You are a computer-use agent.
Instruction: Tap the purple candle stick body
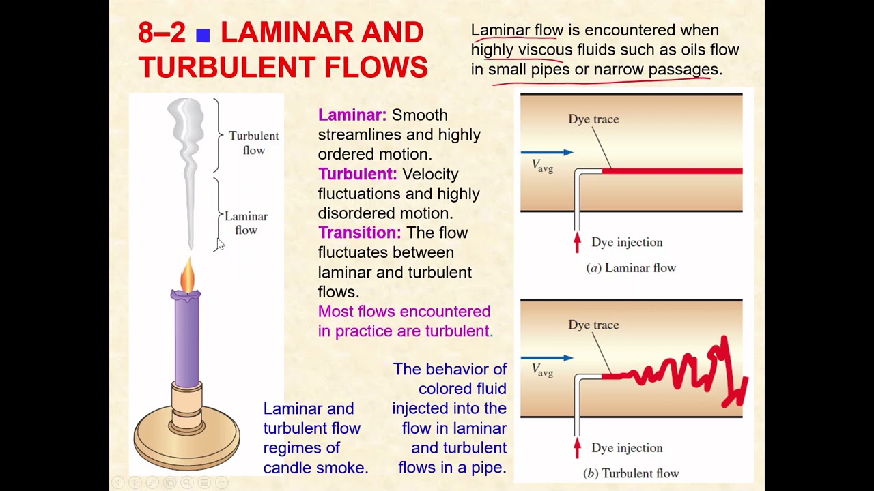click(186, 341)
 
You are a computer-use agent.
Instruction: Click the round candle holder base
click(186, 436)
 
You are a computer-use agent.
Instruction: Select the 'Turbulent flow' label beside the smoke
click(253, 143)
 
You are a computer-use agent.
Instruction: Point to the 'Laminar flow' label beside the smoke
click(246, 223)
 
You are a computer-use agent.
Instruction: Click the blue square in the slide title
click(203, 35)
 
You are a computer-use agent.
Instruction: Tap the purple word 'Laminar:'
click(352, 115)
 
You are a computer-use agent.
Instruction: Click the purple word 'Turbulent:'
click(357, 174)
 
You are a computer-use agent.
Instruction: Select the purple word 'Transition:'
click(359, 233)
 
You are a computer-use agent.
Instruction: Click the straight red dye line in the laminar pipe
click(673, 171)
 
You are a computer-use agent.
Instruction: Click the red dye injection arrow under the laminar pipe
click(577, 242)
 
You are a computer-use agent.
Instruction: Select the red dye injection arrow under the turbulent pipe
click(577, 447)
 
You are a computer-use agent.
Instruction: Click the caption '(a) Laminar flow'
click(631, 268)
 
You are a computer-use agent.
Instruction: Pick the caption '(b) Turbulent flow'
click(631, 473)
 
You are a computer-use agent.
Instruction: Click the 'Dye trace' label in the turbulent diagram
click(593, 325)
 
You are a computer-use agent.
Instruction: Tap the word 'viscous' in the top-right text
click(545, 50)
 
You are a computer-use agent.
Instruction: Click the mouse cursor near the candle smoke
click(220, 245)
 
